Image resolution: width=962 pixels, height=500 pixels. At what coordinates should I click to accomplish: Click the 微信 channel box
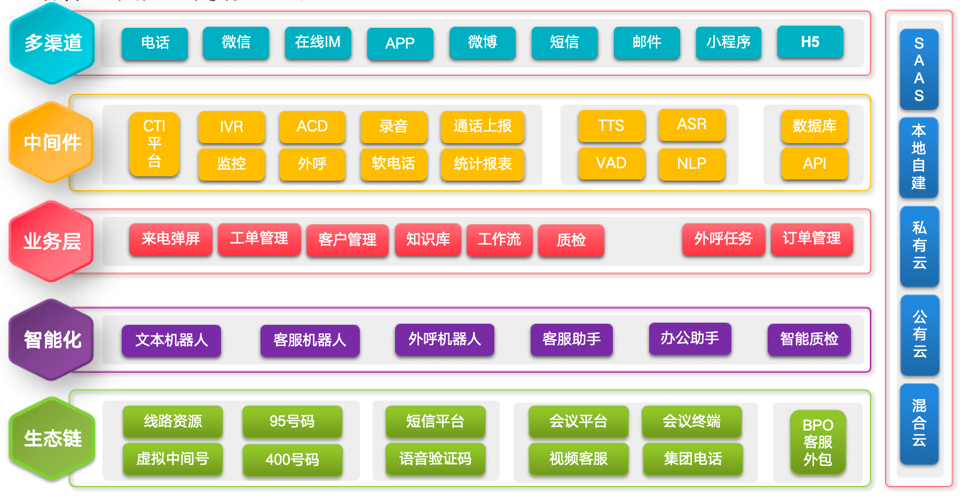pos(236,43)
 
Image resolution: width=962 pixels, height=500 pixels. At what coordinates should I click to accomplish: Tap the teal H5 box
pos(810,42)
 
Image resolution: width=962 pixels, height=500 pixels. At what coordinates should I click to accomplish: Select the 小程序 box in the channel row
pos(728,43)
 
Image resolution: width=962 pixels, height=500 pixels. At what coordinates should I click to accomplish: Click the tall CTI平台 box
pos(154,144)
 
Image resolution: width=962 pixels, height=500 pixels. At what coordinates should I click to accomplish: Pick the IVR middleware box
pos(231,127)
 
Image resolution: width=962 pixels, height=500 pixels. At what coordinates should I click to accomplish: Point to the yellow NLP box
pos(691,163)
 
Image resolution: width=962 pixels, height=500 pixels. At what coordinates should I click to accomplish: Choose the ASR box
pos(691,124)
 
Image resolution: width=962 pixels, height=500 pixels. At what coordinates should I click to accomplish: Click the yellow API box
pos(814,163)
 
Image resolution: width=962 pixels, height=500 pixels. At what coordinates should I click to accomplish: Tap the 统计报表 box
pos(482,164)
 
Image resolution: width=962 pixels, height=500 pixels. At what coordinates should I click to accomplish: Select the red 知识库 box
pos(428,239)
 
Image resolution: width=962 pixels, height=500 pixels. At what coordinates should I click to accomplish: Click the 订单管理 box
pos(811,239)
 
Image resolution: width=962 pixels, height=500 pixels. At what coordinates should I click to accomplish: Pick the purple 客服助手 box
pos(571,339)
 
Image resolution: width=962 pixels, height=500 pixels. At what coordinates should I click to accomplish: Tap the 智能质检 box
pos(809,339)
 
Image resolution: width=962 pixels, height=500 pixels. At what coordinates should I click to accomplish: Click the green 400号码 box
pos(292,459)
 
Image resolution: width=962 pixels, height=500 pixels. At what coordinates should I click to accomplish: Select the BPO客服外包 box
pos(817,442)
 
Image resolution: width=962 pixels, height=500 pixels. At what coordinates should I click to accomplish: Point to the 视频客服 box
pos(578,459)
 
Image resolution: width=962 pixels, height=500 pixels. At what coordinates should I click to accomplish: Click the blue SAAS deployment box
pos(919,69)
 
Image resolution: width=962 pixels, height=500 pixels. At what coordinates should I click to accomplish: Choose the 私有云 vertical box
pos(919,246)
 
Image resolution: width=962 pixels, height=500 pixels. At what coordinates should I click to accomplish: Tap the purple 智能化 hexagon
pos(52,340)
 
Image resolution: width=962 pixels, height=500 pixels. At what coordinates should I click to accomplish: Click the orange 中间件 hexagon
pos(52,143)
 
